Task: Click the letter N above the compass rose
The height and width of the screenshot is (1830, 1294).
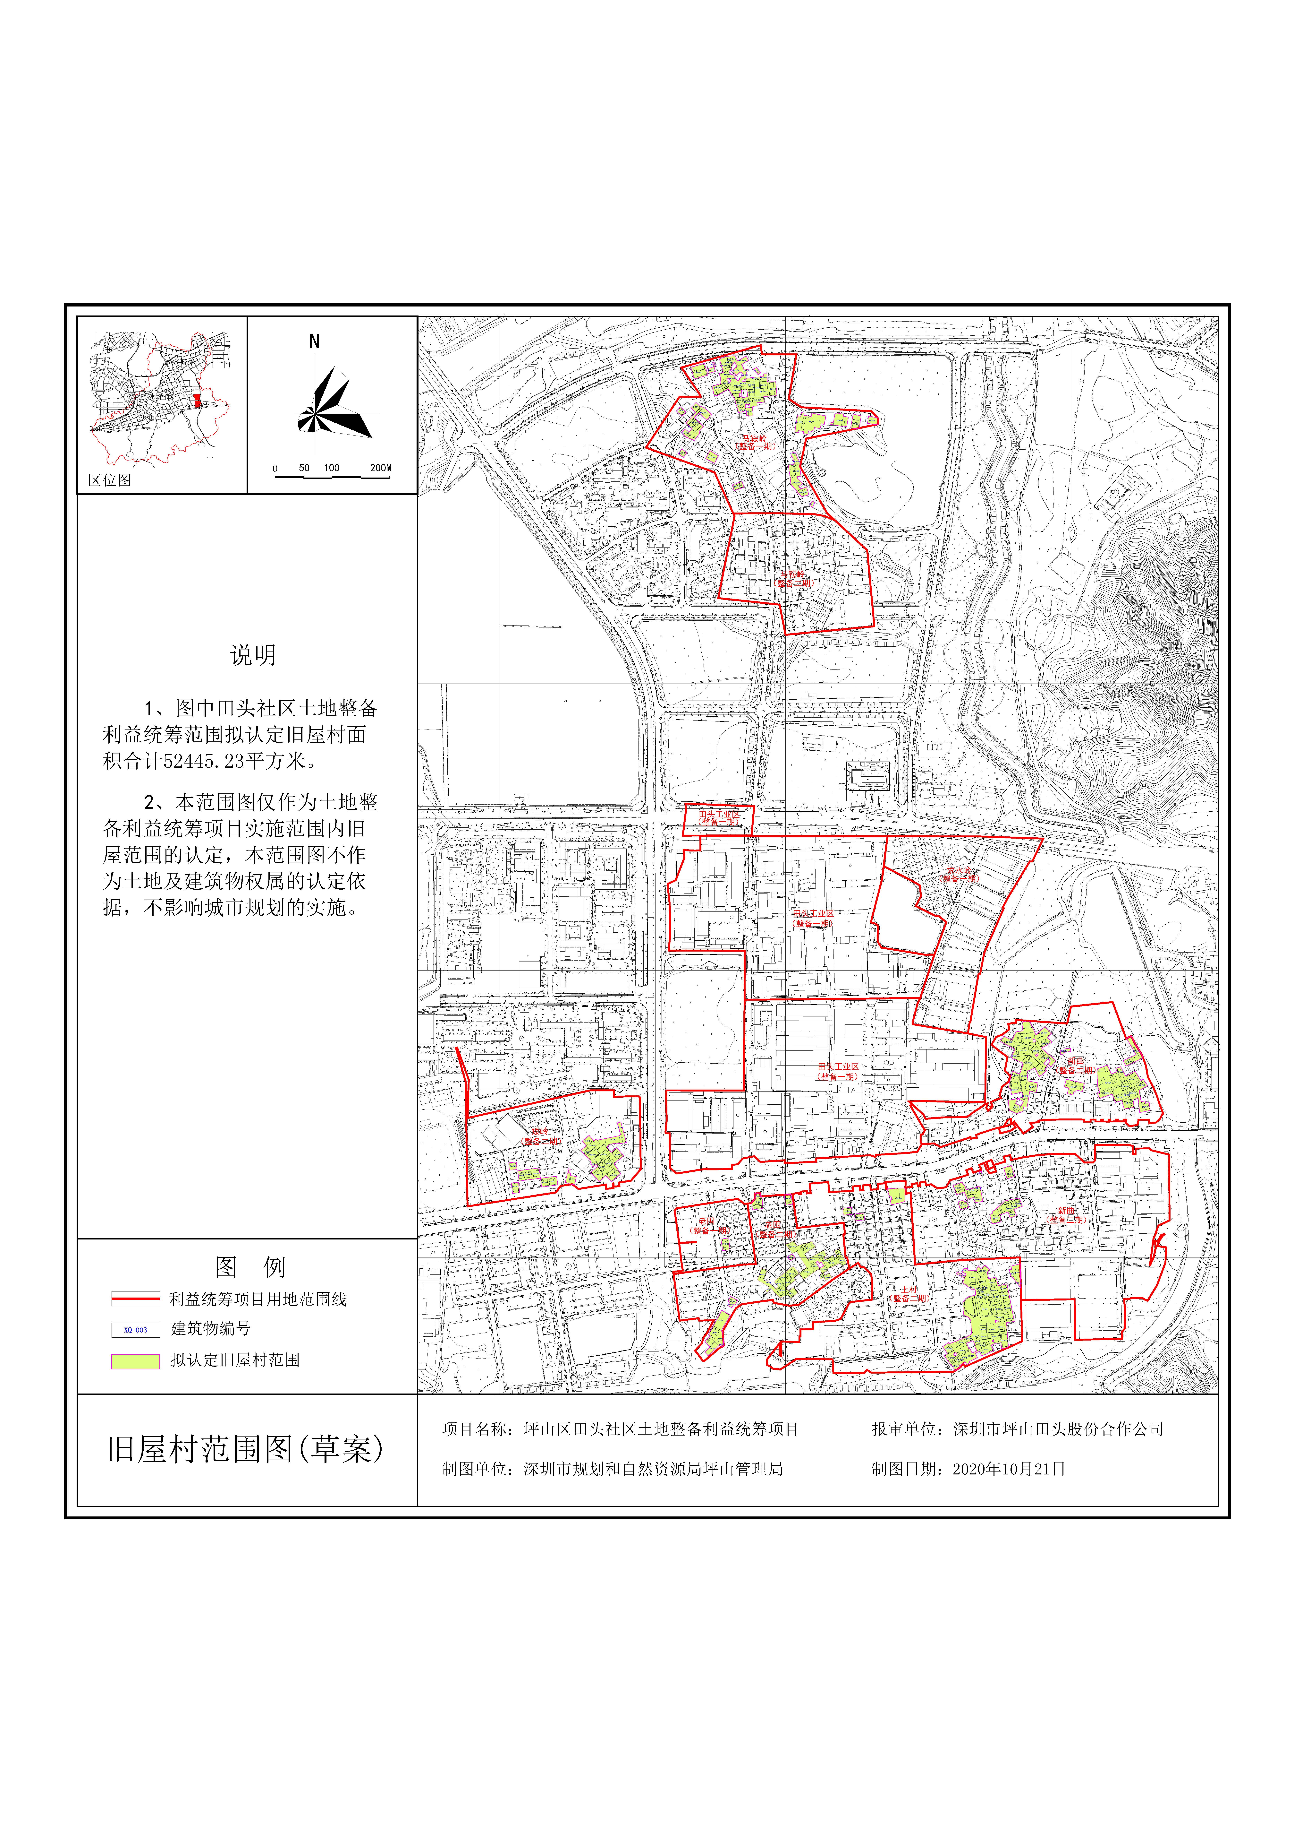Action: (x=314, y=342)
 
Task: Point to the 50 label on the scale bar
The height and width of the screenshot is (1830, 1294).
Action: (x=304, y=468)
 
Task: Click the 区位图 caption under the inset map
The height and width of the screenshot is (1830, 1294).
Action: (x=110, y=480)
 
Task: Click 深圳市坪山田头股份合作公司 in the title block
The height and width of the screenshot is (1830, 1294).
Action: (x=1058, y=1429)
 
